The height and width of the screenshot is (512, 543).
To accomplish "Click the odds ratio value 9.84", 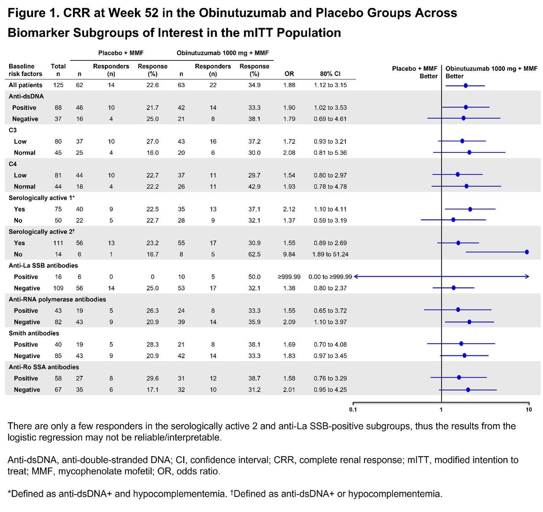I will click(x=289, y=254).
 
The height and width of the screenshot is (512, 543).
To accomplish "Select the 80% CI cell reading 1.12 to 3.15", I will click(x=330, y=85).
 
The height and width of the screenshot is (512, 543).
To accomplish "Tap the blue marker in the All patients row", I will click(x=466, y=86).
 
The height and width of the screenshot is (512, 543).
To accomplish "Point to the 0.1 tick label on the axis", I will click(x=353, y=409).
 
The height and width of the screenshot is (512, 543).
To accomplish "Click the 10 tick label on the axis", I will click(x=529, y=409).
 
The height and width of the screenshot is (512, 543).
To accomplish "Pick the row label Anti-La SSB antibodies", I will click(x=43, y=265).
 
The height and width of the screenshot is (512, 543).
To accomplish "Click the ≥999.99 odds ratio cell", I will click(x=289, y=277).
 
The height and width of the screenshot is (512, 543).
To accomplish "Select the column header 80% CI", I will click(x=330, y=74).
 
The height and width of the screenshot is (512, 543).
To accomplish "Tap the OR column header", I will click(x=289, y=74).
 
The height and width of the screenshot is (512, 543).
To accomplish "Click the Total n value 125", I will click(x=58, y=85).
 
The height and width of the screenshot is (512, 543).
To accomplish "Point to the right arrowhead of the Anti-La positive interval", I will click(x=527, y=277).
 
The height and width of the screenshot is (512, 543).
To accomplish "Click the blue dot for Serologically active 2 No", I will click(x=527, y=252).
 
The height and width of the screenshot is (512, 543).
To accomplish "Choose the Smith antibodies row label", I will click(x=34, y=333).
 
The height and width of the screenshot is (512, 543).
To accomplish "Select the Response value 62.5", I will click(x=254, y=254).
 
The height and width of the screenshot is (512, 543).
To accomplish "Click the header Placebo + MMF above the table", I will click(x=121, y=53).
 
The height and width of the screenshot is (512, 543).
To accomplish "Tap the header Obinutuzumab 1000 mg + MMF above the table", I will click(x=223, y=53).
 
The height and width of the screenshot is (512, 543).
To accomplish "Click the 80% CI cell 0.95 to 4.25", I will click(x=330, y=390).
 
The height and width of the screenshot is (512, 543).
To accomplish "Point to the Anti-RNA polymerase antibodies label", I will click(x=57, y=299).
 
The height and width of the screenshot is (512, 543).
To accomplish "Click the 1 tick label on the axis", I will click(x=441, y=409).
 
